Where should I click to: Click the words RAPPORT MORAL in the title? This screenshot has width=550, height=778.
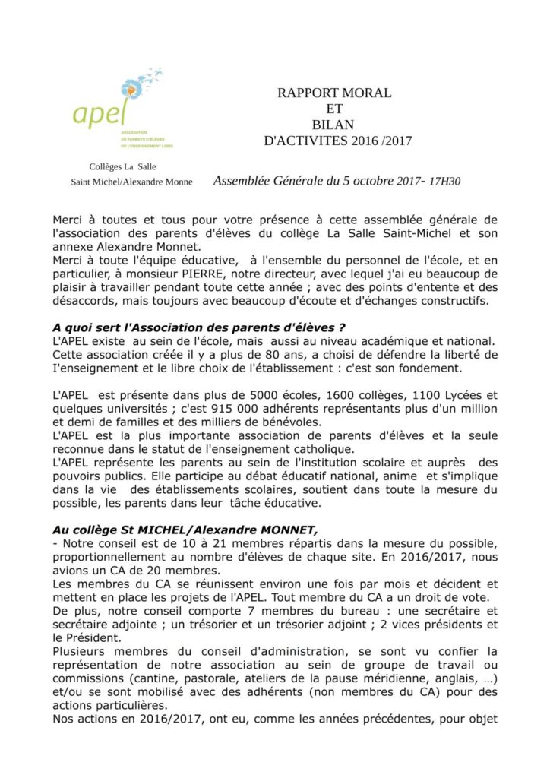(334, 93)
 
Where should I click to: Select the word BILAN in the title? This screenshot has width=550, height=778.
(333, 125)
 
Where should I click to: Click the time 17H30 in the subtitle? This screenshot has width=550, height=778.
(445, 182)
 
